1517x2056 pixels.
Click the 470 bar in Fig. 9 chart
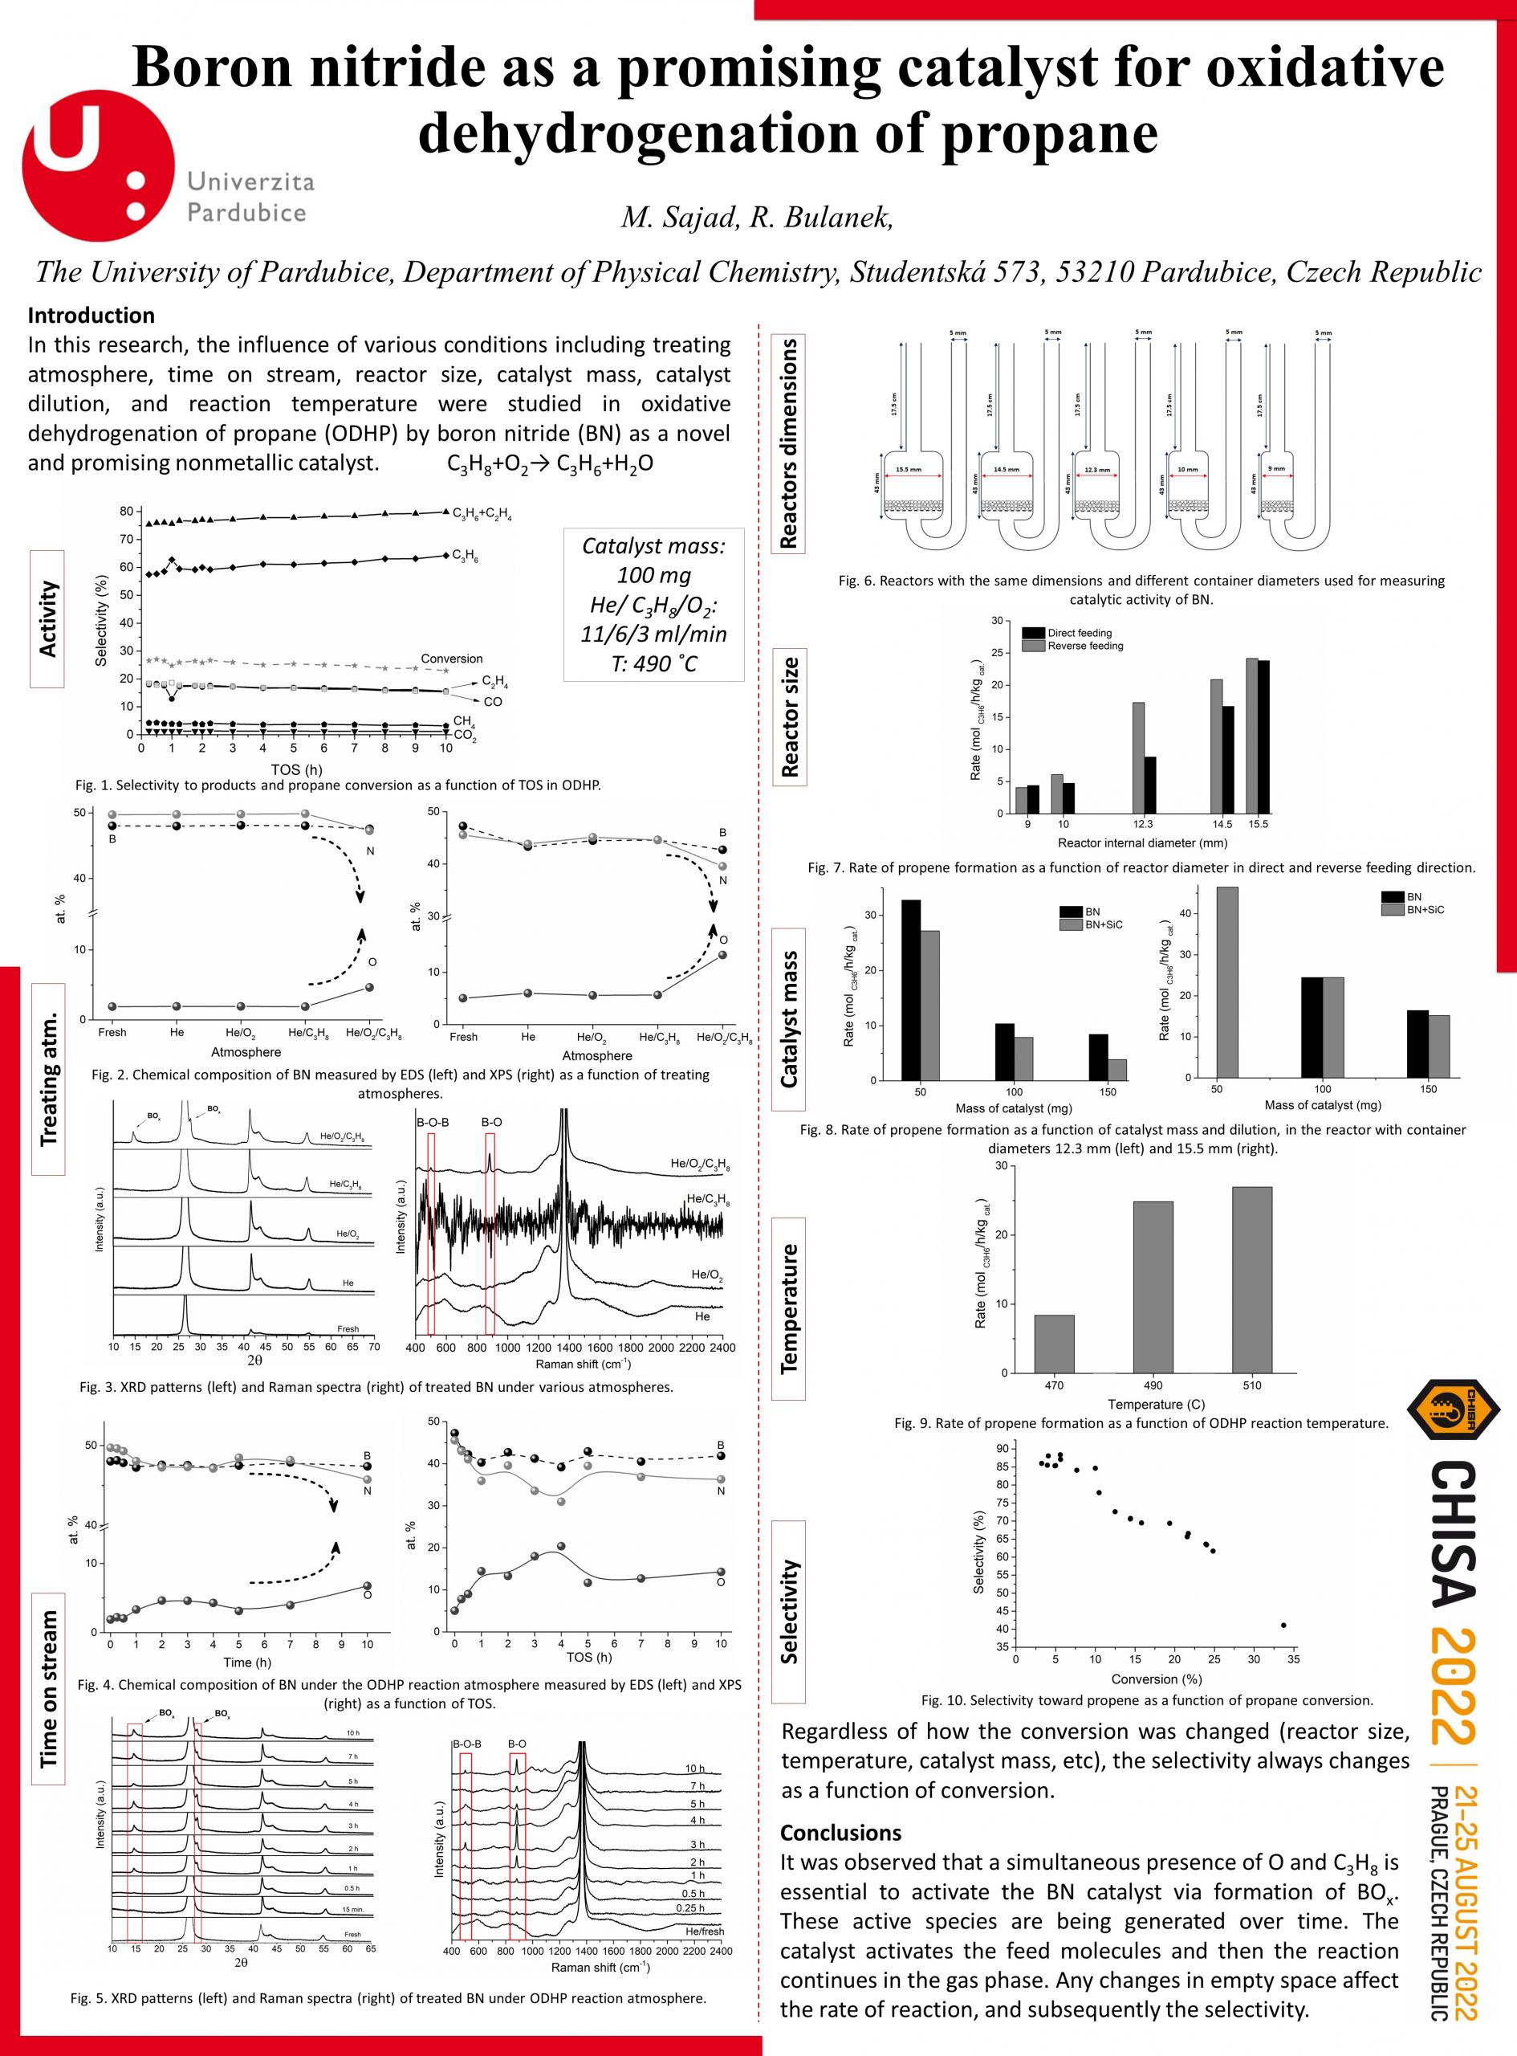click(1054, 1344)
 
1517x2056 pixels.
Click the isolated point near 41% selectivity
click(1283, 1626)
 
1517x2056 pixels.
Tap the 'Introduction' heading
click(91, 315)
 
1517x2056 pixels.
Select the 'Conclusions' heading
click(840, 1833)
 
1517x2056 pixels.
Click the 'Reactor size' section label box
click(789, 717)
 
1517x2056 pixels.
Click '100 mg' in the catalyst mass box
click(654, 575)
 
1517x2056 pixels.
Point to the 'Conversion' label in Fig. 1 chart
click(451, 659)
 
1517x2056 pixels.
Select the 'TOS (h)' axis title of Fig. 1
click(295, 769)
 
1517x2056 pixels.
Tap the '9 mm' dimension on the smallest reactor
click(1276, 468)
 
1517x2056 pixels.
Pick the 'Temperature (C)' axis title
click(1155, 1404)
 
